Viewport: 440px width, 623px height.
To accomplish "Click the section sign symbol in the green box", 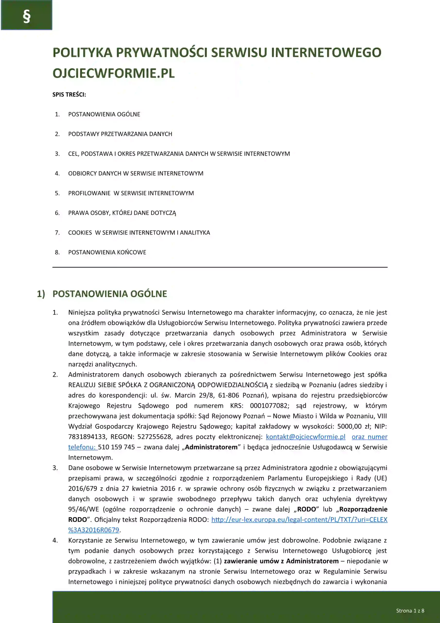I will point(26,17).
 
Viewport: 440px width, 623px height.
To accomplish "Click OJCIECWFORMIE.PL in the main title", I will point(113,73).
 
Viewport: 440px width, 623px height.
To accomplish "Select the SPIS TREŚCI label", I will point(69,94).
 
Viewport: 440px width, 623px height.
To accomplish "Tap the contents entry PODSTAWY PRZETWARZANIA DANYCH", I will point(120,134).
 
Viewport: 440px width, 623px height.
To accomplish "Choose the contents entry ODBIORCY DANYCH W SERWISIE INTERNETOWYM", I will point(136,173).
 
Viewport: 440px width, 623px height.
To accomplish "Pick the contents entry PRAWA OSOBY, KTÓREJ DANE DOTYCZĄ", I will point(122,213).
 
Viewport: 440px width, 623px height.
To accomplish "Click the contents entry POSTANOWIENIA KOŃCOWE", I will point(107,252).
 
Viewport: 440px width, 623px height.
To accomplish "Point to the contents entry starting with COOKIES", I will point(139,233).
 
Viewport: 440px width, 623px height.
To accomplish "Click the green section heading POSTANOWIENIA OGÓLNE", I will point(110,294).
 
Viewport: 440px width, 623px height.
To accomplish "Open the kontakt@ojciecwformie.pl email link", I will point(305,437).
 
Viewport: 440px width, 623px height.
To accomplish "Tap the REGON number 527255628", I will point(155,437).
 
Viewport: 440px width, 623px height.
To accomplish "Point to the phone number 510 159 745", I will point(116,447).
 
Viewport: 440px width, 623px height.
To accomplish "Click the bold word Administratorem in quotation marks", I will point(211,447).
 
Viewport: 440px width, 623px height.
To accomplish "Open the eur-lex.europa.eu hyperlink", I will point(299,519).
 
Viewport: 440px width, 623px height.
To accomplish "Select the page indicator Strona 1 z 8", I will point(410,611).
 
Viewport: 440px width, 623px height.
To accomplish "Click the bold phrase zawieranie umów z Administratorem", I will point(281,561).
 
